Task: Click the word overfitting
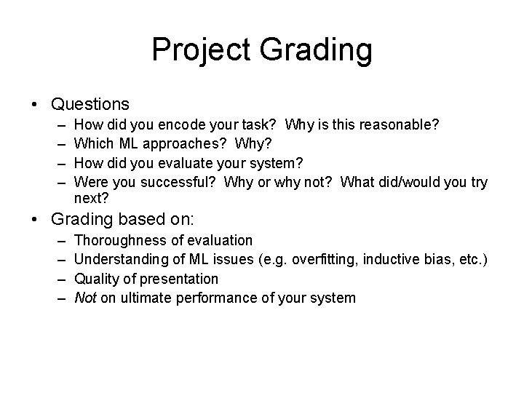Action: click(324, 259)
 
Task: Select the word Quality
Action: click(97, 279)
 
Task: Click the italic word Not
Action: click(85, 297)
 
